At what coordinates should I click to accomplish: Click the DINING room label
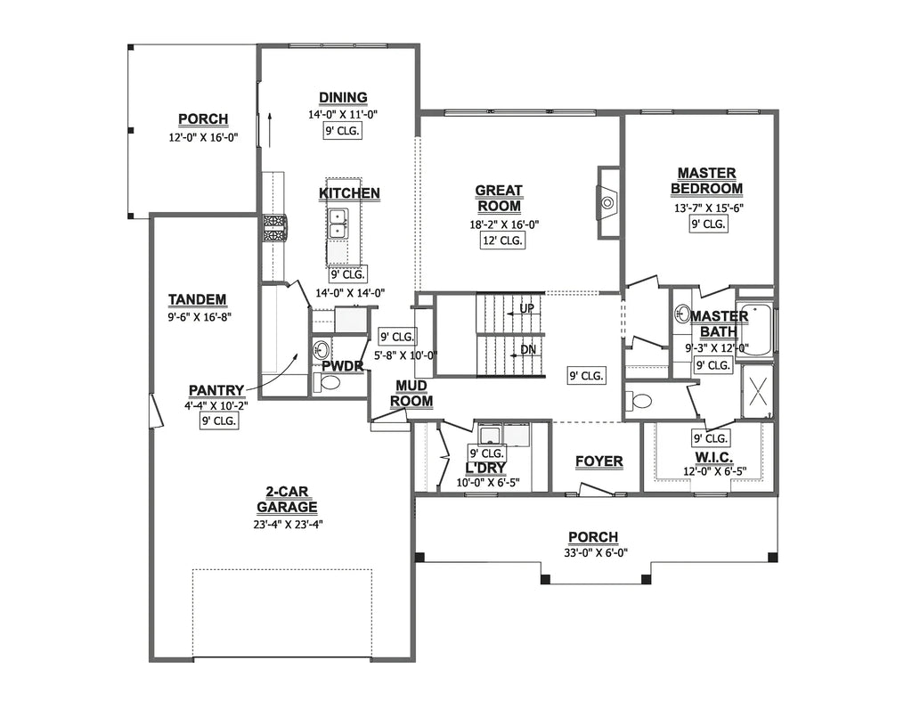click(343, 98)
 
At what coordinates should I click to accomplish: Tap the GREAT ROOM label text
click(498, 199)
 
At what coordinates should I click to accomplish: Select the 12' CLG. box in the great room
click(502, 241)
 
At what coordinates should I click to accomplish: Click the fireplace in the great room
click(607, 202)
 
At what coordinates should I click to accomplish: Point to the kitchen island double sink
click(338, 224)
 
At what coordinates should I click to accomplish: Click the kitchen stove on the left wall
click(273, 228)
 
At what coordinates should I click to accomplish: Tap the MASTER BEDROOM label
click(706, 181)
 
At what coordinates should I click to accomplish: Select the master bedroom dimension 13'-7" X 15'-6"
click(708, 207)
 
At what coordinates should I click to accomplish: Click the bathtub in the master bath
click(755, 330)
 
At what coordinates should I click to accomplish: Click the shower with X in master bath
click(758, 389)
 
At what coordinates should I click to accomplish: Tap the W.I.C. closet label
click(708, 456)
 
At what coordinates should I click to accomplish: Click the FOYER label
click(598, 461)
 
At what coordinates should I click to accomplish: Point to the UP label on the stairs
click(526, 308)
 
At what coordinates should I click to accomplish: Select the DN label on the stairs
click(527, 349)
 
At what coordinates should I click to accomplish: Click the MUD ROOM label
click(411, 393)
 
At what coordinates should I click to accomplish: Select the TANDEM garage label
click(197, 300)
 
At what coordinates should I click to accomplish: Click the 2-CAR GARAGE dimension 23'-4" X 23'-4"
click(287, 524)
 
